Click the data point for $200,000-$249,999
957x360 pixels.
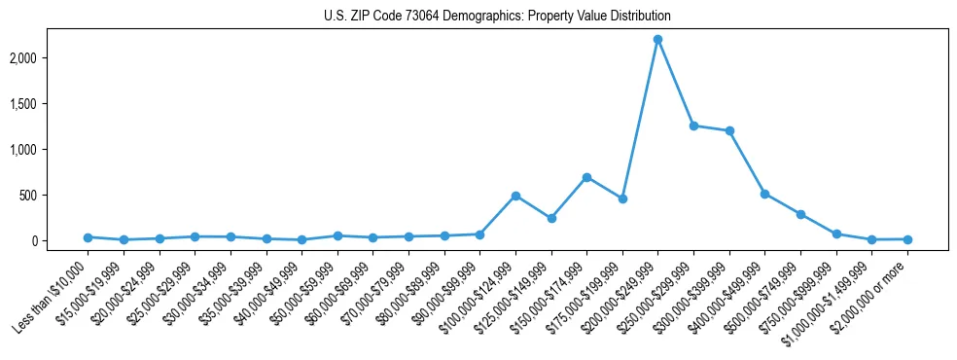(x=657, y=39)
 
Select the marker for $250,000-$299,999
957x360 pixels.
(x=693, y=126)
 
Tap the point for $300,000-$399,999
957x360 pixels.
(x=729, y=130)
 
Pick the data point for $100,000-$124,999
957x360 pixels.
(x=515, y=196)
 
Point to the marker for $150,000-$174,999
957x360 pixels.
(x=586, y=177)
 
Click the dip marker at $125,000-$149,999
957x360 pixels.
(x=551, y=218)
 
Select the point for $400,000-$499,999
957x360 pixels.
(x=764, y=194)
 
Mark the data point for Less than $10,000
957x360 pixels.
(x=88, y=237)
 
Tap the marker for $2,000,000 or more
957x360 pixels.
(x=907, y=239)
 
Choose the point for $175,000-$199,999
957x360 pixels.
(x=622, y=198)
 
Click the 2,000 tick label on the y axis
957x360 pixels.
(x=49, y=58)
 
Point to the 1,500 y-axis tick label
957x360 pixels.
(x=49, y=104)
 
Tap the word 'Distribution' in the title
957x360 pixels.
(x=637, y=17)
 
